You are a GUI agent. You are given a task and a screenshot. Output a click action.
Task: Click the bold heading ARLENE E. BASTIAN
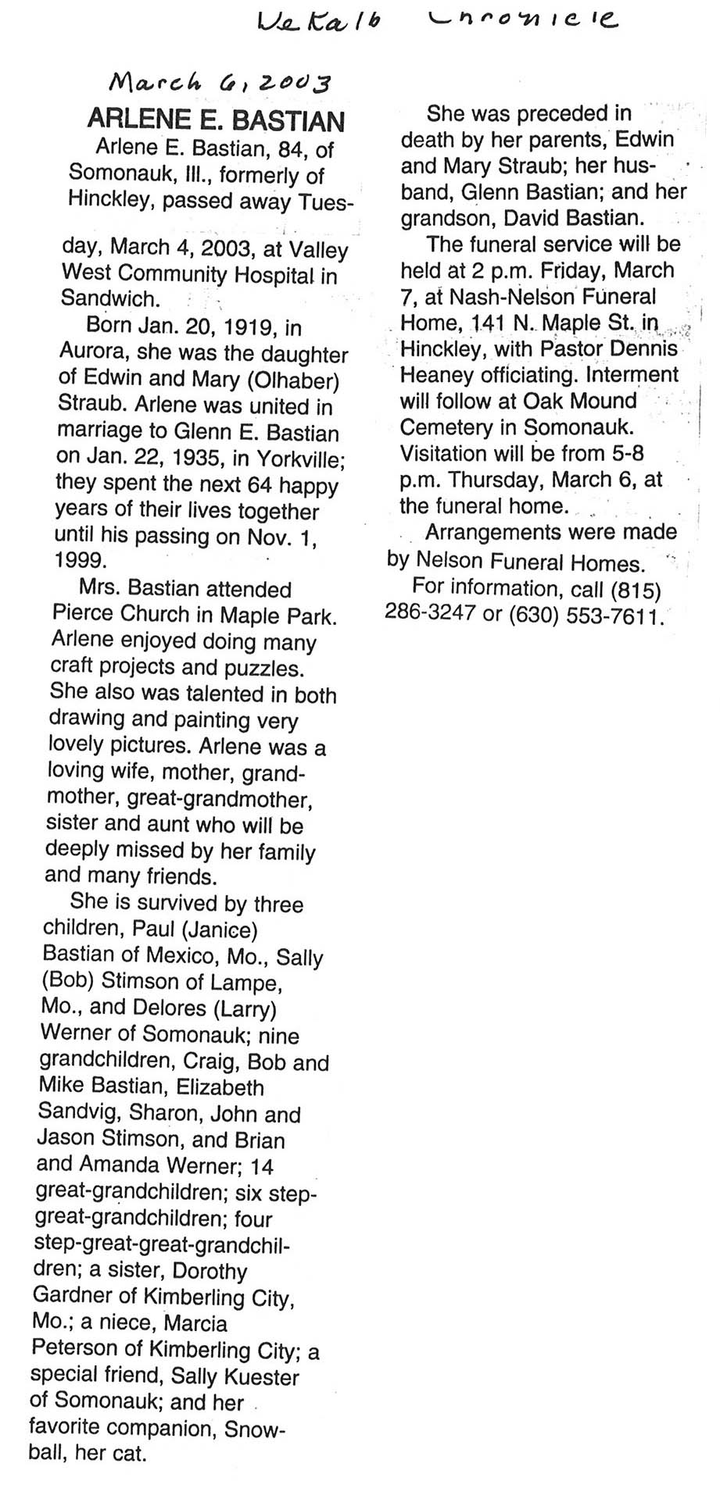[x=216, y=121]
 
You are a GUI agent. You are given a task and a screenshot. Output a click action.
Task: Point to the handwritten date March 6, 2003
[x=220, y=80]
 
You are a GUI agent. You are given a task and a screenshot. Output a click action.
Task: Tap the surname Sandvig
[x=78, y=1114]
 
